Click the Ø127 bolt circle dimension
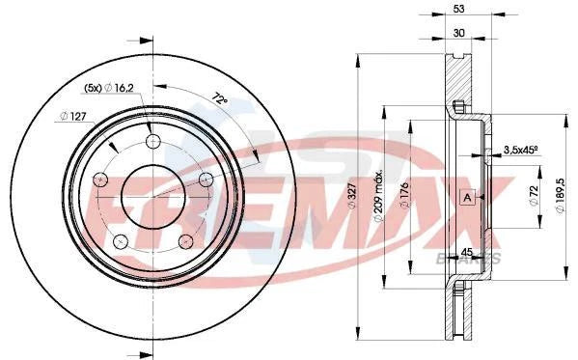click(x=73, y=117)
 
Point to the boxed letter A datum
click(x=467, y=198)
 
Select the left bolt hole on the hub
click(x=99, y=180)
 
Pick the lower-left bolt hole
click(x=120, y=239)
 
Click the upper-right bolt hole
click(x=206, y=179)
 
